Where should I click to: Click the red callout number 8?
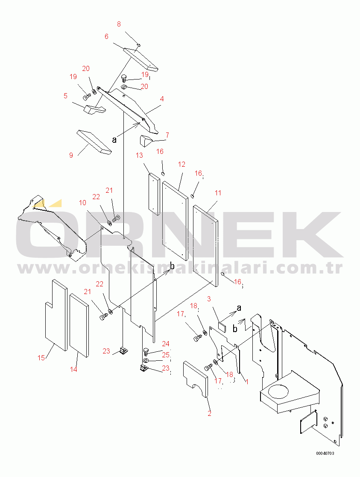click(x=119, y=24)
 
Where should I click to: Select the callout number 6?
click(x=106, y=36)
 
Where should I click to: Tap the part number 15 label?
click(x=41, y=358)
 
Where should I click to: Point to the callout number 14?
click(x=73, y=369)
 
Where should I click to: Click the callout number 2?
click(x=209, y=413)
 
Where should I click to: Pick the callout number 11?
click(x=218, y=193)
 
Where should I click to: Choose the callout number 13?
click(x=139, y=156)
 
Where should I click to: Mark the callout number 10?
click(x=83, y=203)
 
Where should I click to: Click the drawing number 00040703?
click(x=325, y=453)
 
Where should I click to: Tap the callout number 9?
click(x=71, y=155)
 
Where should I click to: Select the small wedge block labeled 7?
click(x=145, y=141)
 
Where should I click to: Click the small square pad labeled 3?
click(x=222, y=327)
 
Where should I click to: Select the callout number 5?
click(x=66, y=96)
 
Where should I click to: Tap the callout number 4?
click(x=162, y=99)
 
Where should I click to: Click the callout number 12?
click(x=181, y=164)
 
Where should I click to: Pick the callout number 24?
click(x=166, y=344)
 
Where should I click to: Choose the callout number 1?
click(x=247, y=382)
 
